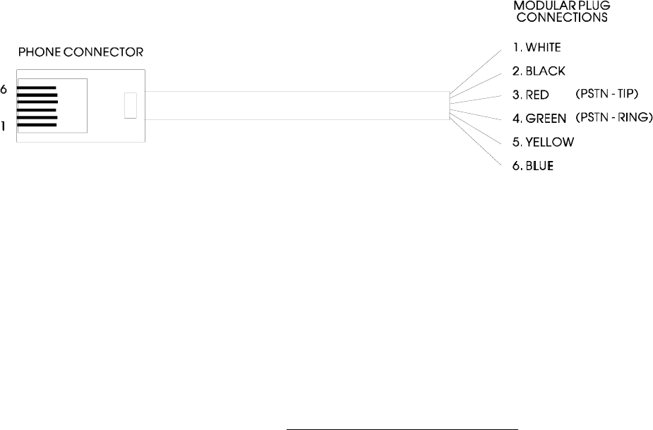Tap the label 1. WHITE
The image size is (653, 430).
pyautogui.click(x=537, y=47)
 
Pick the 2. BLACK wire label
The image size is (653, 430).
pyautogui.click(x=539, y=71)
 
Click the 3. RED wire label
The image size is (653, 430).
pyautogui.click(x=531, y=94)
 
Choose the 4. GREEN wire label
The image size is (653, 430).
pyautogui.click(x=540, y=118)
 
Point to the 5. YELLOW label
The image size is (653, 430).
pyautogui.click(x=543, y=142)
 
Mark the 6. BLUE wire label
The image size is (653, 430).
pyautogui.click(x=534, y=166)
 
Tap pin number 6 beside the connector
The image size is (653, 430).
pyautogui.click(x=4, y=90)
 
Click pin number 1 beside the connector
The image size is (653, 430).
pyautogui.click(x=4, y=126)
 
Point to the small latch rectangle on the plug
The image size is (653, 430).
pyautogui.click(x=129, y=106)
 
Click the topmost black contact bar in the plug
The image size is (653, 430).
pyautogui.click(x=37, y=89)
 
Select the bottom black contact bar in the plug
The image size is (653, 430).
pyautogui.click(x=37, y=126)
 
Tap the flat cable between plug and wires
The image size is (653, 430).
pyautogui.click(x=296, y=106)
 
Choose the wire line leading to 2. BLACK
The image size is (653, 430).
pyautogui.click(x=480, y=83)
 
